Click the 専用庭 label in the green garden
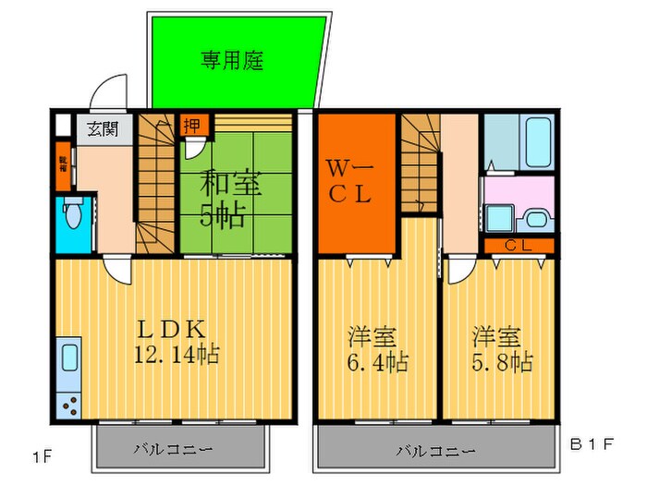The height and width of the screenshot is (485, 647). point(232,61)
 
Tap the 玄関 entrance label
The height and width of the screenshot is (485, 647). point(103,128)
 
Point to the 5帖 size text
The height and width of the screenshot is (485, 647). point(224,216)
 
